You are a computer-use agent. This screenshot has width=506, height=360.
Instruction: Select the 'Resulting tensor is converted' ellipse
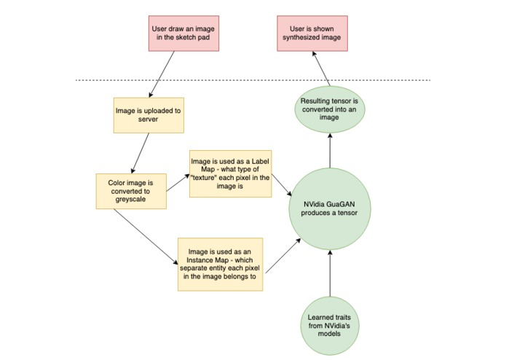click(x=331, y=108)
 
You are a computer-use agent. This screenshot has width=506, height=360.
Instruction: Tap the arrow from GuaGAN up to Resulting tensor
click(x=331, y=149)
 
